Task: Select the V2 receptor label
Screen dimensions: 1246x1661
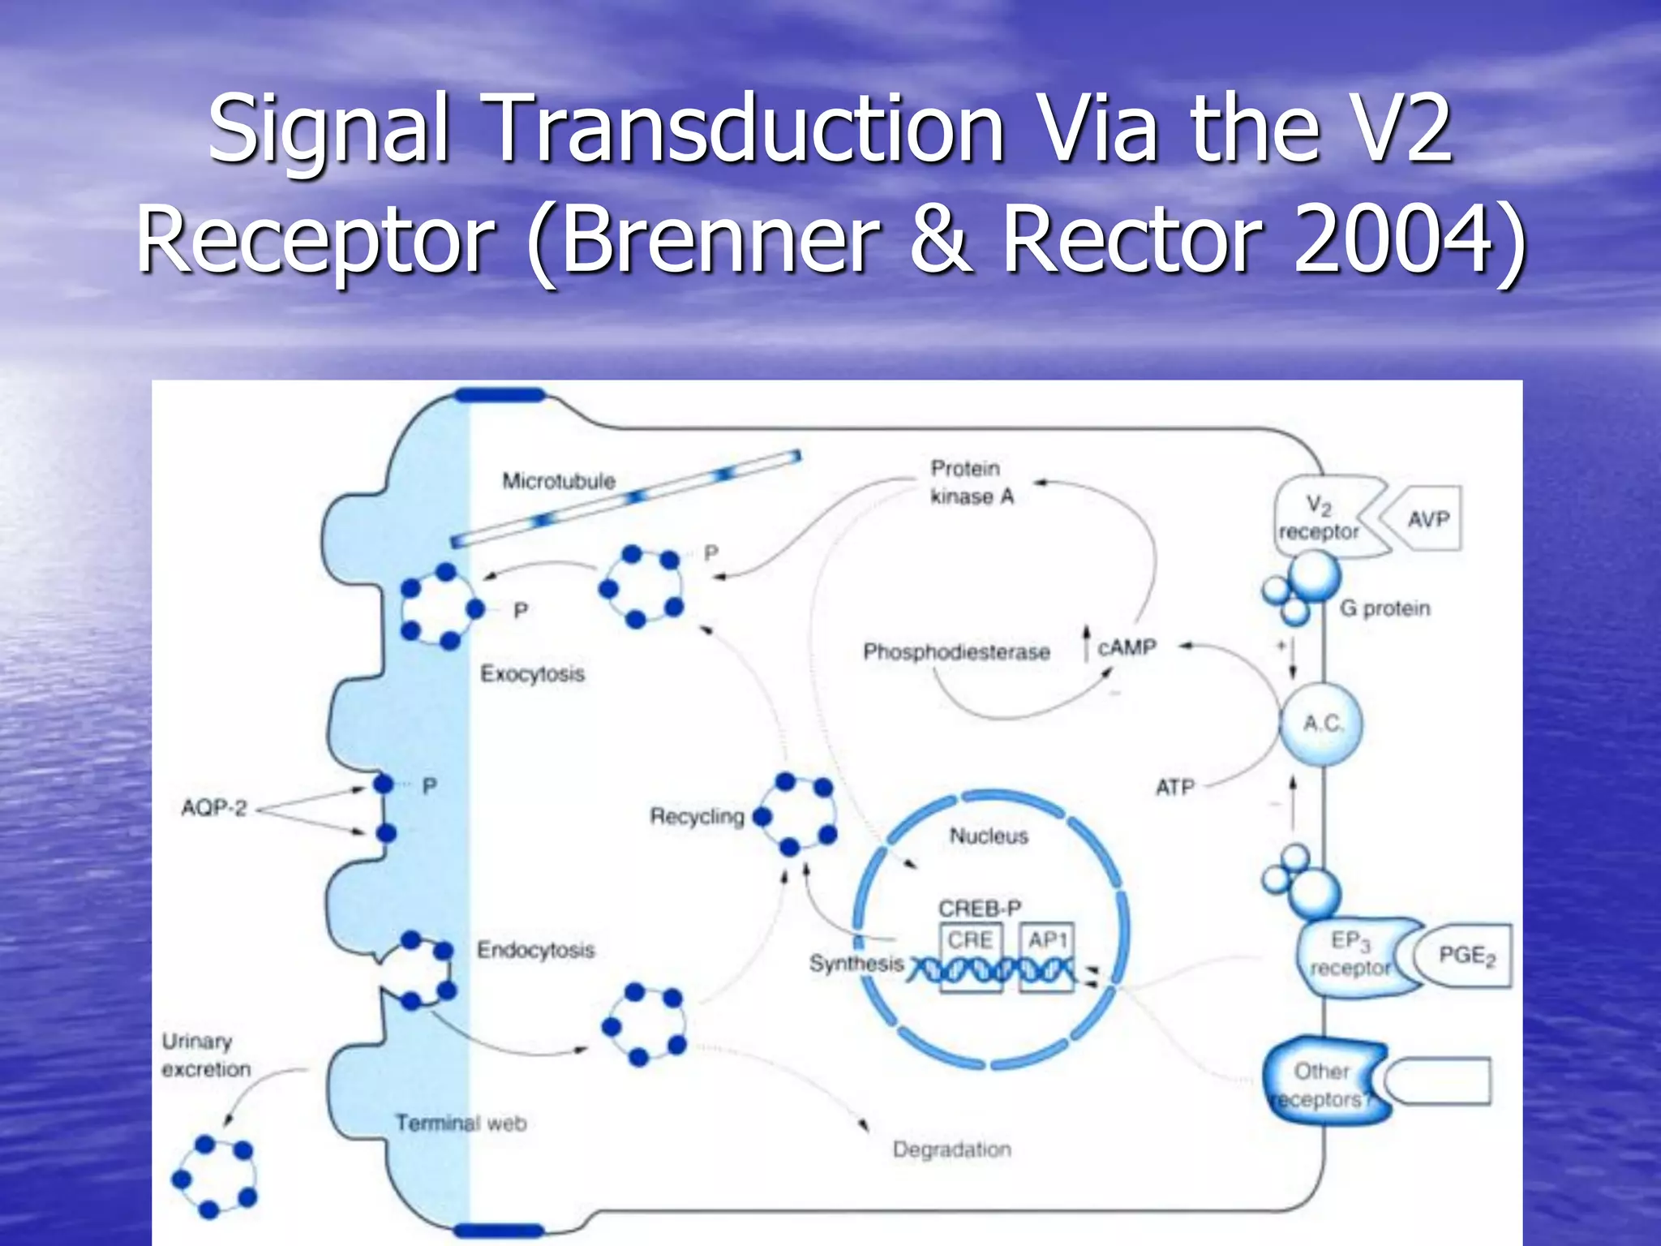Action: [1319, 519]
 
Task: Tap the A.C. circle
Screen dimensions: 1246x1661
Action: [1321, 724]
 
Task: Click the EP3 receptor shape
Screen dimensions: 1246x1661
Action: [1350, 955]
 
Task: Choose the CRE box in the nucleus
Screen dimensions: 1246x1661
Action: [970, 940]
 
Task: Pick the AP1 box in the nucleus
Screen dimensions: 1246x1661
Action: [1047, 940]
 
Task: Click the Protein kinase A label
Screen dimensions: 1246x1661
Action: [971, 483]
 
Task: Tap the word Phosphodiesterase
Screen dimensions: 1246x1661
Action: [956, 652]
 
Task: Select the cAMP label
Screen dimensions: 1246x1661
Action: [1127, 648]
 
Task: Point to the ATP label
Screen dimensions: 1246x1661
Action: [1174, 787]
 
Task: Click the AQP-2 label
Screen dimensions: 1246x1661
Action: [214, 809]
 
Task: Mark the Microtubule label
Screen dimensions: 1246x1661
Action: [559, 481]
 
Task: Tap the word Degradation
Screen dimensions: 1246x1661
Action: [951, 1149]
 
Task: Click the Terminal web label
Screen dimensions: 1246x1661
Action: [461, 1124]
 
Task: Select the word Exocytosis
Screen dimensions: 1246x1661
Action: [532, 674]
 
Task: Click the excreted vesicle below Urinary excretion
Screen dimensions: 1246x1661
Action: [212, 1177]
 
